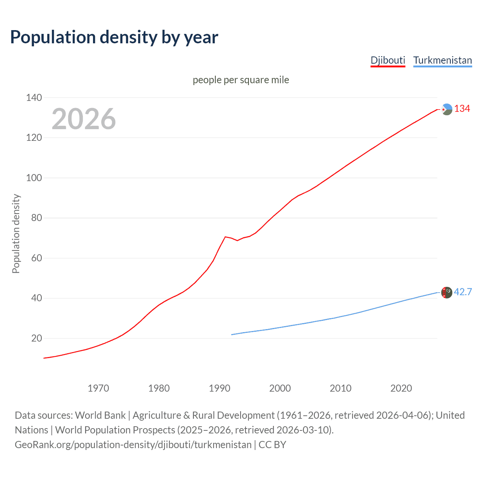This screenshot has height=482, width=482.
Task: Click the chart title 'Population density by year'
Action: [x=114, y=37]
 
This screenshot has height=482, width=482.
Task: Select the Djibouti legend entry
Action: [x=387, y=60]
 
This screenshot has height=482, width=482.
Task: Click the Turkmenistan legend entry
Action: [x=442, y=60]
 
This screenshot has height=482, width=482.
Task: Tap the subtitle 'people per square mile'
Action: [x=241, y=80]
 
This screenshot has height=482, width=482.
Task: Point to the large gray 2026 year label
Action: [x=84, y=119]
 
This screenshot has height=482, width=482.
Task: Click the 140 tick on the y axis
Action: [x=34, y=98]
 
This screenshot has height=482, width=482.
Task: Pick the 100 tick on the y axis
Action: [x=34, y=178]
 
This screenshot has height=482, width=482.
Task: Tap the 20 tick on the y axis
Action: [x=37, y=338]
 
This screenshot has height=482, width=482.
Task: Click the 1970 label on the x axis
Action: [x=98, y=388]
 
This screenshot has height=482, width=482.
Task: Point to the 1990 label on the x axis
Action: [x=220, y=388]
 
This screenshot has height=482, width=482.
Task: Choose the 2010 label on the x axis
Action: [x=340, y=388]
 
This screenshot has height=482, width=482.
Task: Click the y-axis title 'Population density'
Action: [x=16, y=233]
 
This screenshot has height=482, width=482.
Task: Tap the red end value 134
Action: [x=462, y=109]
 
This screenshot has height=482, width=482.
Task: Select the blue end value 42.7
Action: [x=463, y=292]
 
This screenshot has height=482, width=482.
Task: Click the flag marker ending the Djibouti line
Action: [x=447, y=109]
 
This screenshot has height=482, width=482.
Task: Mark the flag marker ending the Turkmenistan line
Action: [x=447, y=293]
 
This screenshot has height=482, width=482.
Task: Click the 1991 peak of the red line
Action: [x=225, y=237]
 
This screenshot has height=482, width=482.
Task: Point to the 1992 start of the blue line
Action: [x=232, y=334]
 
